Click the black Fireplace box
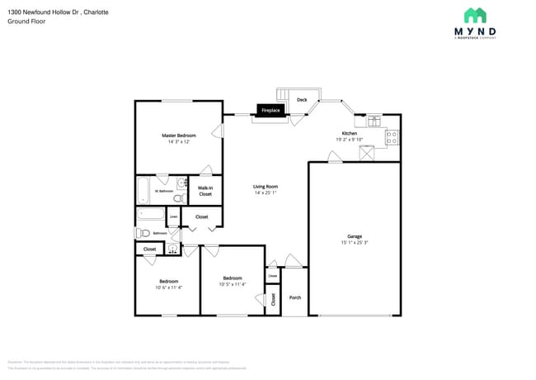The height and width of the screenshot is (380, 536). pyautogui.click(x=270, y=110)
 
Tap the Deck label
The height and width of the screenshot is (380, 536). pyautogui.click(x=302, y=100)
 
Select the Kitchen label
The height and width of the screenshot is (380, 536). pyautogui.click(x=350, y=133)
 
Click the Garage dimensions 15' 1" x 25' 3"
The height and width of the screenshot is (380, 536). pyautogui.click(x=355, y=243)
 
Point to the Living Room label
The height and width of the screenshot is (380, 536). pyautogui.click(x=265, y=187)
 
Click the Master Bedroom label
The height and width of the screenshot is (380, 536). pyautogui.click(x=179, y=135)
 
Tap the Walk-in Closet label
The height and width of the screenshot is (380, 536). pyautogui.click(x=205, y=191)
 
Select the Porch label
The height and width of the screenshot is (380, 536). pyautogui.click(x=294, y=298)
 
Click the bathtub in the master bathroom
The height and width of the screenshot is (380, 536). pyautogui.click(x=143, y=191)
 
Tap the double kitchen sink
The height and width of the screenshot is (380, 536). pyautogui.click(x=374, y=121)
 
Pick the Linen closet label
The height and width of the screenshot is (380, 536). pyautogui.click(x=174, y=217)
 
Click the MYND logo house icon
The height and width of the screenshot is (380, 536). pyautogui.click(x=475, y=16)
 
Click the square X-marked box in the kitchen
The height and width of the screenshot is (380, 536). pyautogui.click(x=368, y=154)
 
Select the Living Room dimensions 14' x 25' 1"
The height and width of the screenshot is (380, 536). pyautogui.click(x=265, y=193)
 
